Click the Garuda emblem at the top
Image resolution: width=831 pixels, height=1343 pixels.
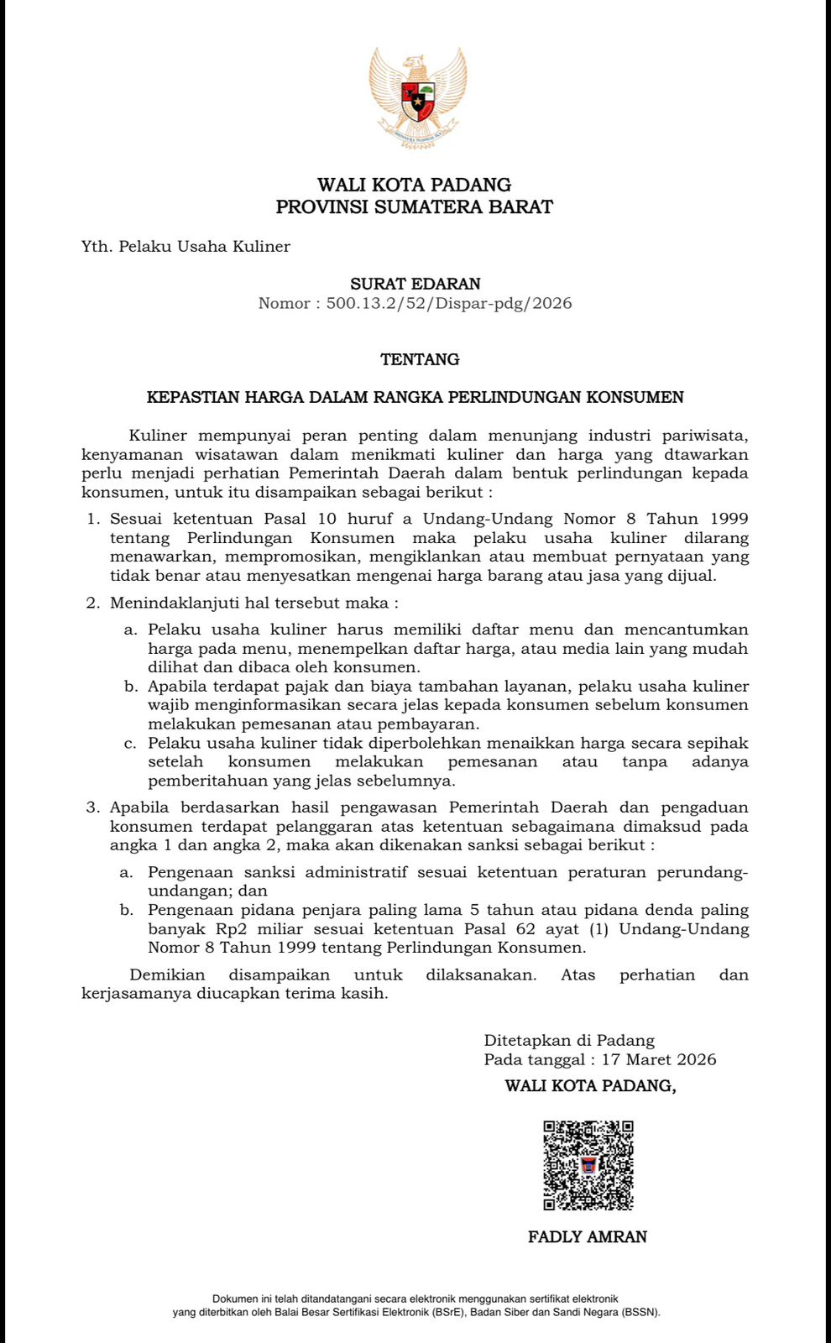[x=417, y=97]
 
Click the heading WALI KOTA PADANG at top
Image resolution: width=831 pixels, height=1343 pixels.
[x=414, y=185]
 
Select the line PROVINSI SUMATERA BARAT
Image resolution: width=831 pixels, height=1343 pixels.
[x=414, y=206]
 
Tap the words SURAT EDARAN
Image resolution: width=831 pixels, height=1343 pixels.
[x=415, y=284]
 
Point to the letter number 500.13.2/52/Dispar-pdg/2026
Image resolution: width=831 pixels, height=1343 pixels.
[x=449, y=303]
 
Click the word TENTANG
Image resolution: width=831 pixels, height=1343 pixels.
[x=420, y=359]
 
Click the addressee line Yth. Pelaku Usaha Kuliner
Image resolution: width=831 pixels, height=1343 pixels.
[x=186, y=246]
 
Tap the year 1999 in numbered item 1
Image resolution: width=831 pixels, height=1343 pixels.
[x=728, y=519]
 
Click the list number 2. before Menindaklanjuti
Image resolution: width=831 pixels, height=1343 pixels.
[x=93, y=603]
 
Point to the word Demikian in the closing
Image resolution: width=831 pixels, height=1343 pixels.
[x=167, y=975]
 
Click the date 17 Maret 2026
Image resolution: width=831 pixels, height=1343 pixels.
[x=659, y=1059]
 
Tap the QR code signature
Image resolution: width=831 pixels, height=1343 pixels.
[x=588, y=1165]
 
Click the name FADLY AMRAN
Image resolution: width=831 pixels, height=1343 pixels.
[x=588, y=1236]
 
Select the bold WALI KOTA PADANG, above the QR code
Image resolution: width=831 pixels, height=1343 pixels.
[x=590, y=1086]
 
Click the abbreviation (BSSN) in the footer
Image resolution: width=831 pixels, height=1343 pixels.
[x=640, y=1312]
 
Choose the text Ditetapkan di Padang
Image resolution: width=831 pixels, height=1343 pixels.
[x=569, y=1041]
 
